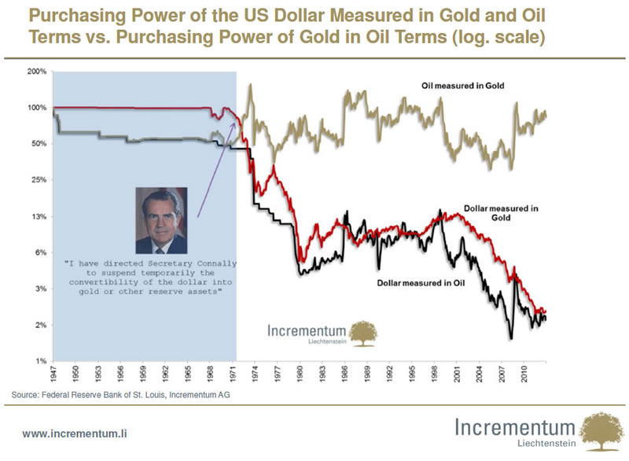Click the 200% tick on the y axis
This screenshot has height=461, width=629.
point(38,72)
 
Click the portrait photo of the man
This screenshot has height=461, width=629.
point(160,219)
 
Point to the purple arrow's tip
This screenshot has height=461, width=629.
point(234,122)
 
